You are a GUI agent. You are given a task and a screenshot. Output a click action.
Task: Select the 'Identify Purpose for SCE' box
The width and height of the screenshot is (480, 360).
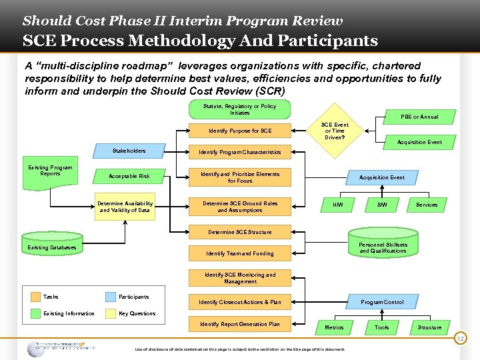pos(240,130)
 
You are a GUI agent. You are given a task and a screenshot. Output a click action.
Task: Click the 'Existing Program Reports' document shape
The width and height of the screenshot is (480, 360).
pos(50,171)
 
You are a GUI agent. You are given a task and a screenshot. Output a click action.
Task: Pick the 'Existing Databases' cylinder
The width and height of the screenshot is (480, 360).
pos(52,247)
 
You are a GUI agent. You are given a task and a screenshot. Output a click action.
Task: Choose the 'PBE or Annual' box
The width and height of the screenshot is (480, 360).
pos(420,117)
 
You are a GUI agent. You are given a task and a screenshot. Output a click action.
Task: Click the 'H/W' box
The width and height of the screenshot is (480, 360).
pos(338,205)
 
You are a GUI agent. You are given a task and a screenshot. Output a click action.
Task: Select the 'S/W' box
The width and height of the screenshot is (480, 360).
pos(382,205)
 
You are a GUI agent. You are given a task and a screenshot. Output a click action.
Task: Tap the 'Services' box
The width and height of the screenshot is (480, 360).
pos(427,205)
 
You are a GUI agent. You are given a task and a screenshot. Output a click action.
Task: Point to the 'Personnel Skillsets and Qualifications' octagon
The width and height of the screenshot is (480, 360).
pos(383,248)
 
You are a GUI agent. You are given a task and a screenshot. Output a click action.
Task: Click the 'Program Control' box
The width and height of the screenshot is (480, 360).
pos(382,302)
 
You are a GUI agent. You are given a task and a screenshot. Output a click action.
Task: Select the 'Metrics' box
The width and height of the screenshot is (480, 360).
pos(334,327)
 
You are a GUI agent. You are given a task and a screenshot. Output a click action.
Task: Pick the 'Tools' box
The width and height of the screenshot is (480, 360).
pos(382,327)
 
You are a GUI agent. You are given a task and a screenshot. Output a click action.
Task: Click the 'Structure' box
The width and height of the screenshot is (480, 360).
pos(429,327)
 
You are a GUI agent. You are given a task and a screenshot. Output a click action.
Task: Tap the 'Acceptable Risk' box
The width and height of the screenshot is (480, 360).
pos(129,177)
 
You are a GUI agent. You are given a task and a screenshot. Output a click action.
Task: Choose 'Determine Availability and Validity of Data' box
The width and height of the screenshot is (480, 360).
pos(125,207)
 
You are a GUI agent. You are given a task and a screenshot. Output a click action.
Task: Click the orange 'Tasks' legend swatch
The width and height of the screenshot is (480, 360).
pos(35,297)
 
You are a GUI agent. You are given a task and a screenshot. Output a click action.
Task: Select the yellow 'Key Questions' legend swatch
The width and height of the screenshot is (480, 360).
pos(111,313)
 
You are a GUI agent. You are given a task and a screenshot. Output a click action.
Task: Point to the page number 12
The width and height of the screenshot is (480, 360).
pos(459,339)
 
